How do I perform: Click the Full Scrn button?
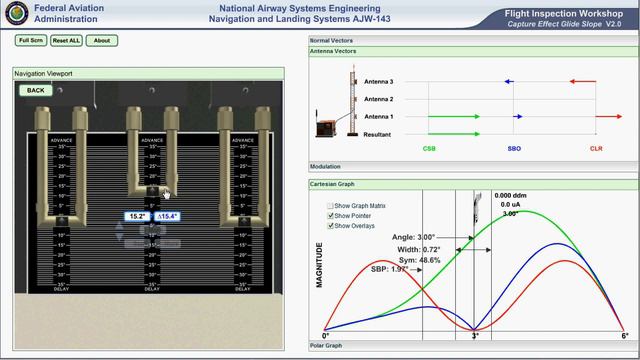point(31,40)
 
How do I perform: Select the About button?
point(101,40)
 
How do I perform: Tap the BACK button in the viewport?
point(36,90)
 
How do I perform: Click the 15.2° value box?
point(139,216)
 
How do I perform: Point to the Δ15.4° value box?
point(168,216)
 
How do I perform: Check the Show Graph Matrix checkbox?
point(331,205)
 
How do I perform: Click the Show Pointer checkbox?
point(331,215)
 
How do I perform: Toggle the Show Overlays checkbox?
point(331,225)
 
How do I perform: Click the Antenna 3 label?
point(378,82)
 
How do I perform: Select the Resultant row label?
point(378,134)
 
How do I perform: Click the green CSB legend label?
point(429,148)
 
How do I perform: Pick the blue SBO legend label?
point(513,148)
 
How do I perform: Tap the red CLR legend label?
point(596,148)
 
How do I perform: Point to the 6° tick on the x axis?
point(624,335)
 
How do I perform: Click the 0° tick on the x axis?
point(325,335)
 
